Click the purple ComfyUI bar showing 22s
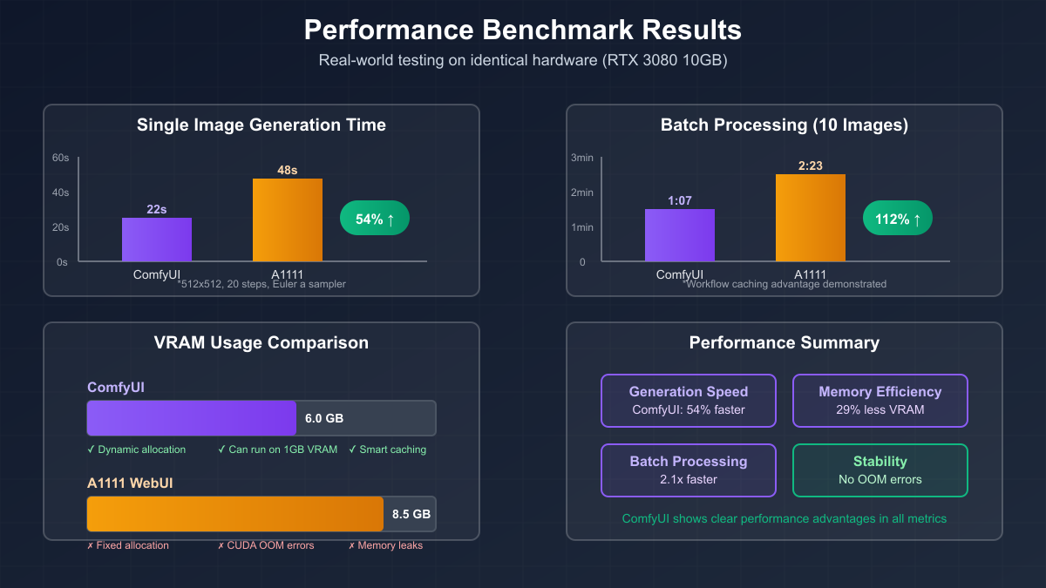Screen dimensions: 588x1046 tap(157, 240)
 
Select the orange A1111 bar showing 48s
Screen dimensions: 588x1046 tap(288, 220)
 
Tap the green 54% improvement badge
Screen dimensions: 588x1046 tap(375, 219)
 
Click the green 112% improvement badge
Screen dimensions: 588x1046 tap(898, 219)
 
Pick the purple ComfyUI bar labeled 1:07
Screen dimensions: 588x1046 tap(680, 235)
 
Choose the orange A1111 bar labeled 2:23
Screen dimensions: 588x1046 tap(811, 218)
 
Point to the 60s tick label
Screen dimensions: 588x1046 tap(60, 158)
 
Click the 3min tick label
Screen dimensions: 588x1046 tap(582, 158)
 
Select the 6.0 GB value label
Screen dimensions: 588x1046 tap(324, 418)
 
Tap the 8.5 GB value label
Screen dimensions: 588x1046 tap(411, 514)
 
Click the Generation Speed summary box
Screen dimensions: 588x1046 tap(689, 401)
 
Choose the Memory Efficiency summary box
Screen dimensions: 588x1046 tap(880, 401)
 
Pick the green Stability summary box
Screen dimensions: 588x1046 tap(880, 470)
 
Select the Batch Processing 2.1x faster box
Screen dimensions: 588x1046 tap(689, 470)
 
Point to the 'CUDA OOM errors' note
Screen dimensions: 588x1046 tap(266, 545)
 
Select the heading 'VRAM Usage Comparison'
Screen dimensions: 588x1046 tap(261, 342)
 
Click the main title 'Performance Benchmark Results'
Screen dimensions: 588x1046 tap(523, 30)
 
